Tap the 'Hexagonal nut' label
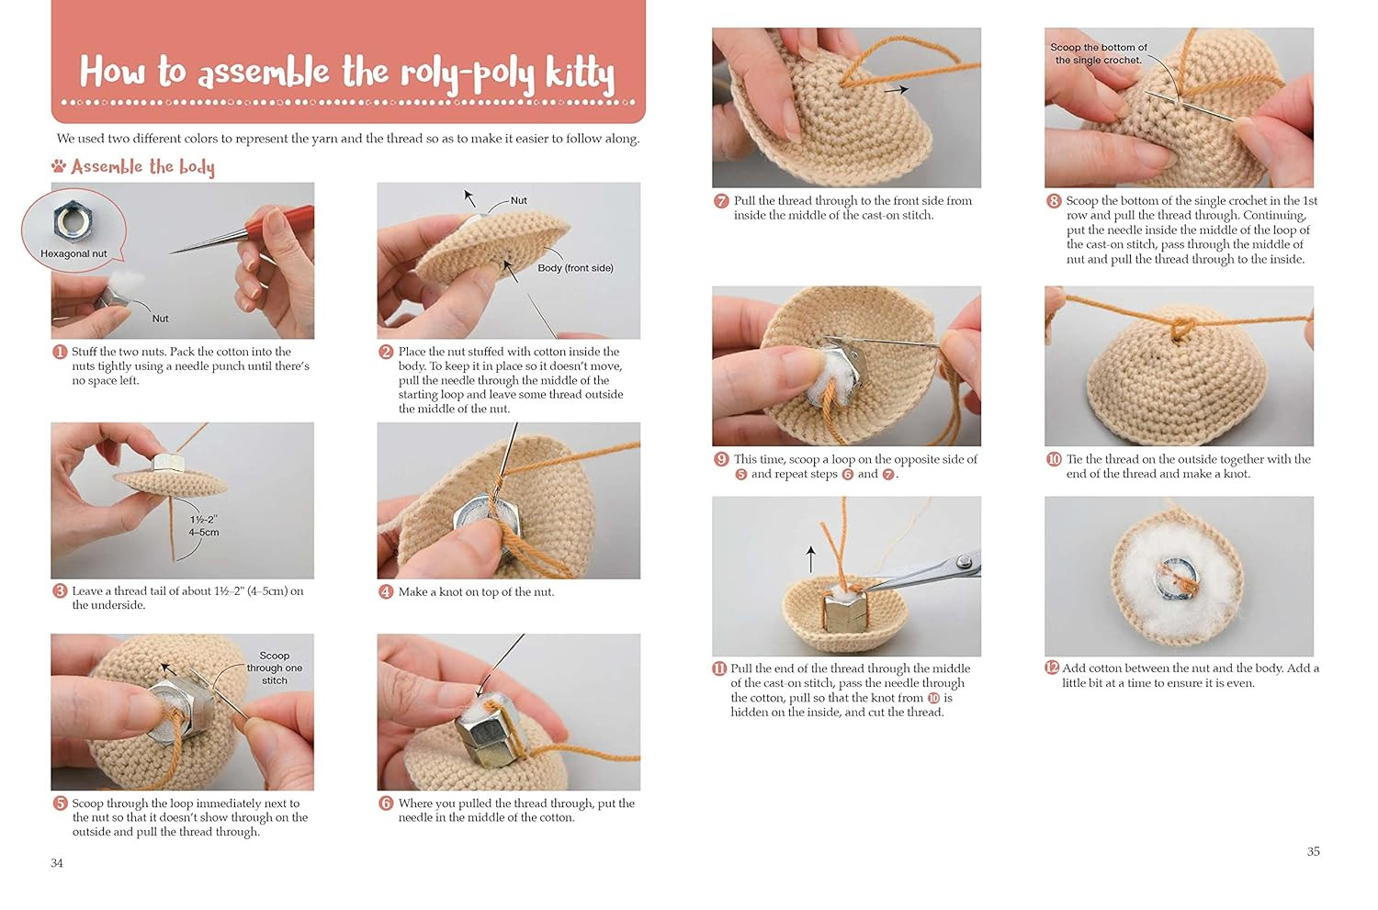(x=73, y=253)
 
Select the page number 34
(x=57, y=863)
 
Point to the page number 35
(x=1314, y=851)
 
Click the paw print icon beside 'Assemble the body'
(x=59, y=165)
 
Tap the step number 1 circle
(x=60, y=353)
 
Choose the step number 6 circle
(x=386, y=803)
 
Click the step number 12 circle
(x=1052, y=668)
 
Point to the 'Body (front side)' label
(x=575, y=268)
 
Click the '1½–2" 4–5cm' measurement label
(x=204, y=526)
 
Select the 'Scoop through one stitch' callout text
(x=275, y=668)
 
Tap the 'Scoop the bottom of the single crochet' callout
(x=1098, y=53)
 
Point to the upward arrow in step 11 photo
(x=811, y=559)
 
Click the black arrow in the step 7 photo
(x=897, y=90)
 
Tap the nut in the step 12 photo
(x=1177, y=579)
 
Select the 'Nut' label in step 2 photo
(x=519, y=200)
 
